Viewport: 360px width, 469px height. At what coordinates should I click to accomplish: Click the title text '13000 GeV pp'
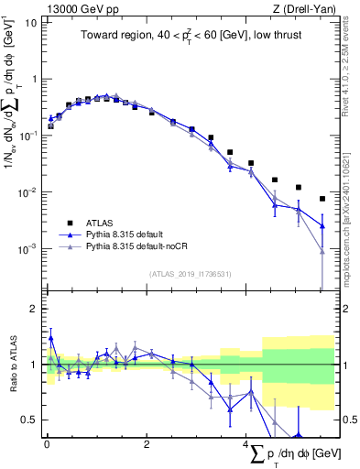tap(75, 8)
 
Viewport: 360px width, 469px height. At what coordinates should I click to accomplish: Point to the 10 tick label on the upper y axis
tap(29, 22)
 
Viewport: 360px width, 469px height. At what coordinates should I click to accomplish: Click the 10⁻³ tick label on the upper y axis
tap(27, 249)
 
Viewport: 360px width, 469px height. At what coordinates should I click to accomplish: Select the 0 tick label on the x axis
tap(47, 444)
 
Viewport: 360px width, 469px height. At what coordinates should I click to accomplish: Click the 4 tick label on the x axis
tap(246, 444)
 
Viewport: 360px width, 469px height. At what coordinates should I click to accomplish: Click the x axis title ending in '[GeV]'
tap(289, 454)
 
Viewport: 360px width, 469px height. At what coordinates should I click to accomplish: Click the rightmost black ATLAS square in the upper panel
tap(322, 199)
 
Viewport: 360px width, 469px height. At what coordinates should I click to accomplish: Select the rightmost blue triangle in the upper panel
tap(322, 225)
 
